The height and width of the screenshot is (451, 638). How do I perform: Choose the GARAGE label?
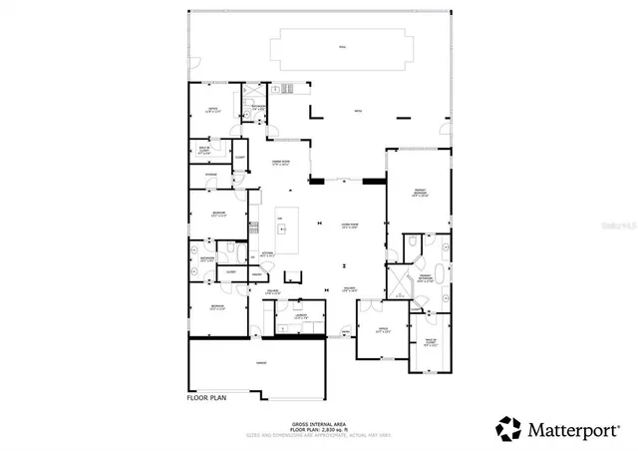(x=260, y=362)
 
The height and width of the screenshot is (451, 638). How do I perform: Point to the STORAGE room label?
(x=211, y=175)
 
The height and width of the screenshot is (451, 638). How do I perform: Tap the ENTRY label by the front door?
(x=346, y=331)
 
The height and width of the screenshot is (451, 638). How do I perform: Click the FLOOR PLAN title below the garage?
(x=207, y=397)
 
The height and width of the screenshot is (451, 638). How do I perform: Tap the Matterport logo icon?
(x=508, y=428)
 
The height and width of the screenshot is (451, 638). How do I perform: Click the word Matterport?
(x=576, y=429)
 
